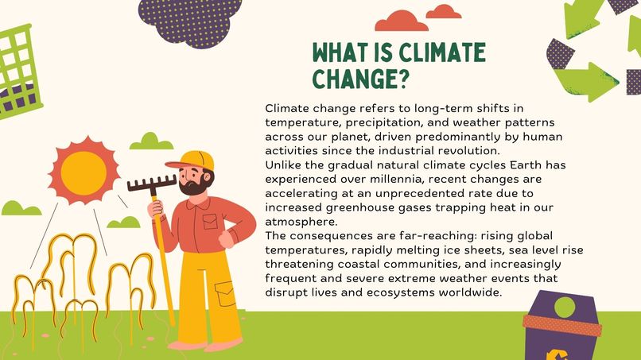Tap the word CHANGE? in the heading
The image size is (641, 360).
click(x=360, y=79)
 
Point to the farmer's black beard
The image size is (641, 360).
click(x=192, y=188)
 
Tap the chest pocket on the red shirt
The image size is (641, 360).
click(x=210, y=222)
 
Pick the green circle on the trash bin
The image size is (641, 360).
click(x=564, y=307)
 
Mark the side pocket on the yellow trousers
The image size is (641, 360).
click(x=226, y=296)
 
